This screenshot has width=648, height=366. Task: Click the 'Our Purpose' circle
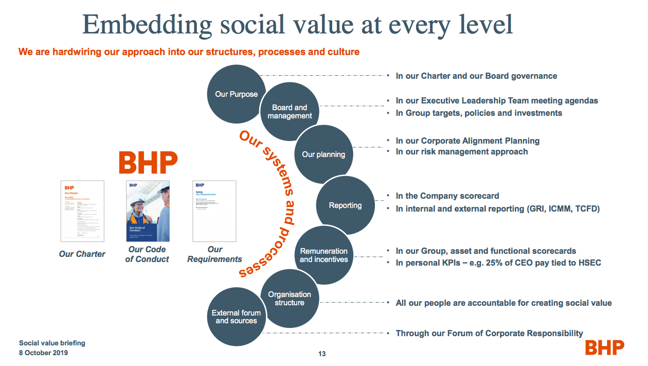(x=236, y=94)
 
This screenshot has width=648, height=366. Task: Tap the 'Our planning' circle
(x=323, y=154)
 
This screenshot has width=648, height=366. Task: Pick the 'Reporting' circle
(x=345, y=205)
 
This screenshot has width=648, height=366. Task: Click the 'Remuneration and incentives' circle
(x=323, y=255)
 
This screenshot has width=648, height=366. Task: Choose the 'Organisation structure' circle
(x=290, y=299)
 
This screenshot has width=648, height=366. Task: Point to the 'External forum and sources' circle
(x=236, y=317)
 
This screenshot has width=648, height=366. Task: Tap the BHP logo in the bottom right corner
(x=604, y=347)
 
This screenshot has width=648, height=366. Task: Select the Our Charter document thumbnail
(x=82, y=211)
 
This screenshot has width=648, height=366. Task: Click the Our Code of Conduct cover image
(x=148, y=211)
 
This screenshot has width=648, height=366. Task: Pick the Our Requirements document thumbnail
(x=214, y=211)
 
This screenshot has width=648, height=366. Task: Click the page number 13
(x=322, y=354)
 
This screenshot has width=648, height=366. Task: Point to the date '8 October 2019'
(x=43, y=353)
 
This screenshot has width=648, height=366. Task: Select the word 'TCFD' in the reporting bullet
(x=587, y=209)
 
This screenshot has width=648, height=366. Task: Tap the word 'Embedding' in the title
(x=148, y=24)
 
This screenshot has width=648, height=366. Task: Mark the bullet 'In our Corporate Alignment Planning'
(x=467, y=141)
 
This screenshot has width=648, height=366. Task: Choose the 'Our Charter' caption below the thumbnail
(x=82, y=254)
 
